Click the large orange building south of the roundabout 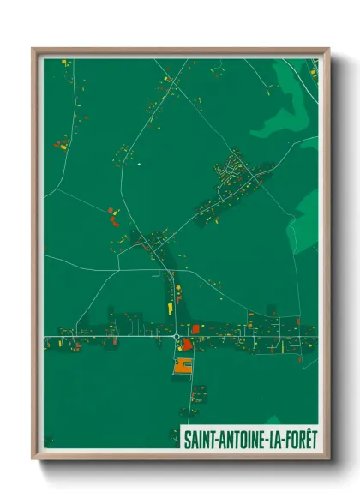coord(181,366)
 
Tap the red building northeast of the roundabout coord(195,327)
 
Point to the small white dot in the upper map coord(138,163)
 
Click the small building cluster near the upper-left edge coord(62,143)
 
